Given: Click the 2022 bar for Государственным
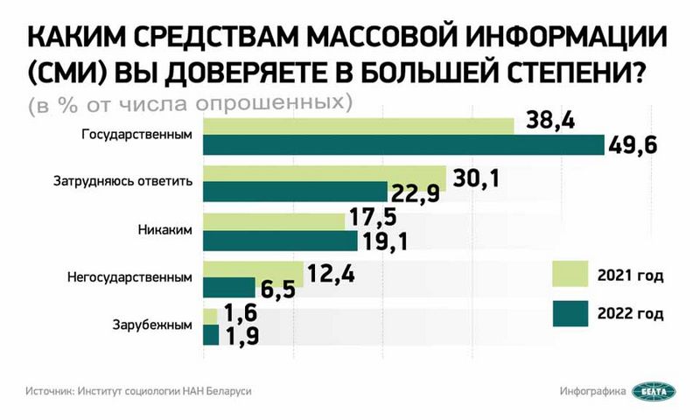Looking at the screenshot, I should click(403, 145).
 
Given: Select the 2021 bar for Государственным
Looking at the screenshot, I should click(359, 125).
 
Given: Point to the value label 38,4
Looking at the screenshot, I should click(549, 123).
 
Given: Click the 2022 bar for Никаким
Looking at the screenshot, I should click(280, 240).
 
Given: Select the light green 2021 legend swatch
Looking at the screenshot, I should click(570, 275).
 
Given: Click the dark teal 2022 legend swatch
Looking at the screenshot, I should click(570, 312).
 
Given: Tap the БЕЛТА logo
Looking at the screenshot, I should click(654, 391).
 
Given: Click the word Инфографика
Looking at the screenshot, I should click(592, 391).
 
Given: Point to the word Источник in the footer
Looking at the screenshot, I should click(49, 391).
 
